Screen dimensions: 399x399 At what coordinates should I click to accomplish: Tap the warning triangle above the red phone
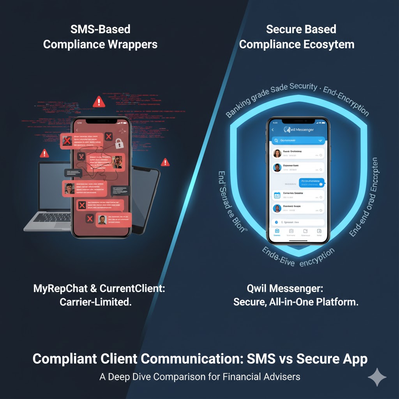tap(99, 102)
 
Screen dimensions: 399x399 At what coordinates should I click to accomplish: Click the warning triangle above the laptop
tap(44, 153)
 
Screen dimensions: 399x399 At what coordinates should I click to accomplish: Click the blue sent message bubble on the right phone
tap(312, 182)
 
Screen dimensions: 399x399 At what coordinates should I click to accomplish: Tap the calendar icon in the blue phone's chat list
tap(277, 196)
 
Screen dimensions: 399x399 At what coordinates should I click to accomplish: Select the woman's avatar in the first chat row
tap(277, 153)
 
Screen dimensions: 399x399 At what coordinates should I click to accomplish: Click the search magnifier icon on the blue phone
tap(276, 140)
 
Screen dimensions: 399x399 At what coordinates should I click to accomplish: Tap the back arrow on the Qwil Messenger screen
tap(273, 129)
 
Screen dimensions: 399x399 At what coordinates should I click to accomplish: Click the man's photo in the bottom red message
tap(102, 219)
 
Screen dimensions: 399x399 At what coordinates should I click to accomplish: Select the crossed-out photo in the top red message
tap(67, 141)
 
